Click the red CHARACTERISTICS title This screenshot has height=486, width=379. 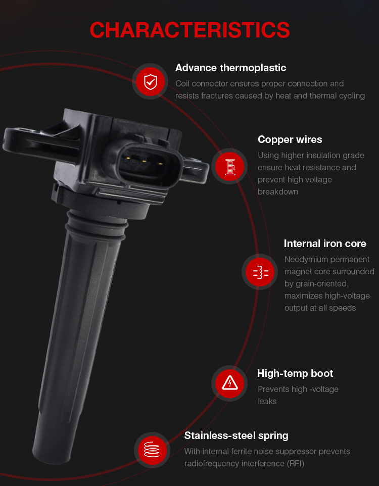189,30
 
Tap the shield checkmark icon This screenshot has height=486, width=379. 151,82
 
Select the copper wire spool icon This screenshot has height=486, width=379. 230,166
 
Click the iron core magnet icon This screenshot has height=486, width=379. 260,272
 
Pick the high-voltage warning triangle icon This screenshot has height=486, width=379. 230,383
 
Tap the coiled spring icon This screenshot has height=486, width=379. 152,450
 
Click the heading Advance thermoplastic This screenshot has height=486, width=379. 230,68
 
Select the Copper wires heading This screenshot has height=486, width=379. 290,139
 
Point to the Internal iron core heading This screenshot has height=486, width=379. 325,244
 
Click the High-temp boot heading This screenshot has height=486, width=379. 295,373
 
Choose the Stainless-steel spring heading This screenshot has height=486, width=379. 236,436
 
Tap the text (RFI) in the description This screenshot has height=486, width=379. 295,464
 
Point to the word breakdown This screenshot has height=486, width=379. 277,192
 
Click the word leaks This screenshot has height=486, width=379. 267,402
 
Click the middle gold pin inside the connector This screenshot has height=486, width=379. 144,161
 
